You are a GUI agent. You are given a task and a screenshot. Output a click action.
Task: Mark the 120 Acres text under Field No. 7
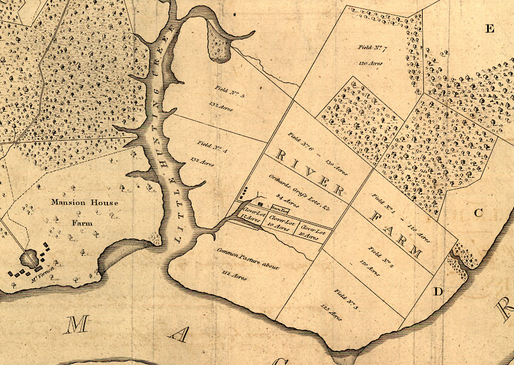click(370, 63)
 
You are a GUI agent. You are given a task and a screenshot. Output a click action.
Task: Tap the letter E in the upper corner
click(489, 30)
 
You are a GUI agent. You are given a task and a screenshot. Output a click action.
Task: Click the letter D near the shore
click(437, 292)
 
